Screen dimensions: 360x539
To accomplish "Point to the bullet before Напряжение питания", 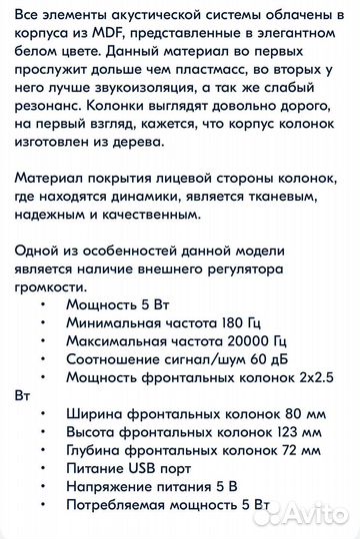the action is point(41,498).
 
